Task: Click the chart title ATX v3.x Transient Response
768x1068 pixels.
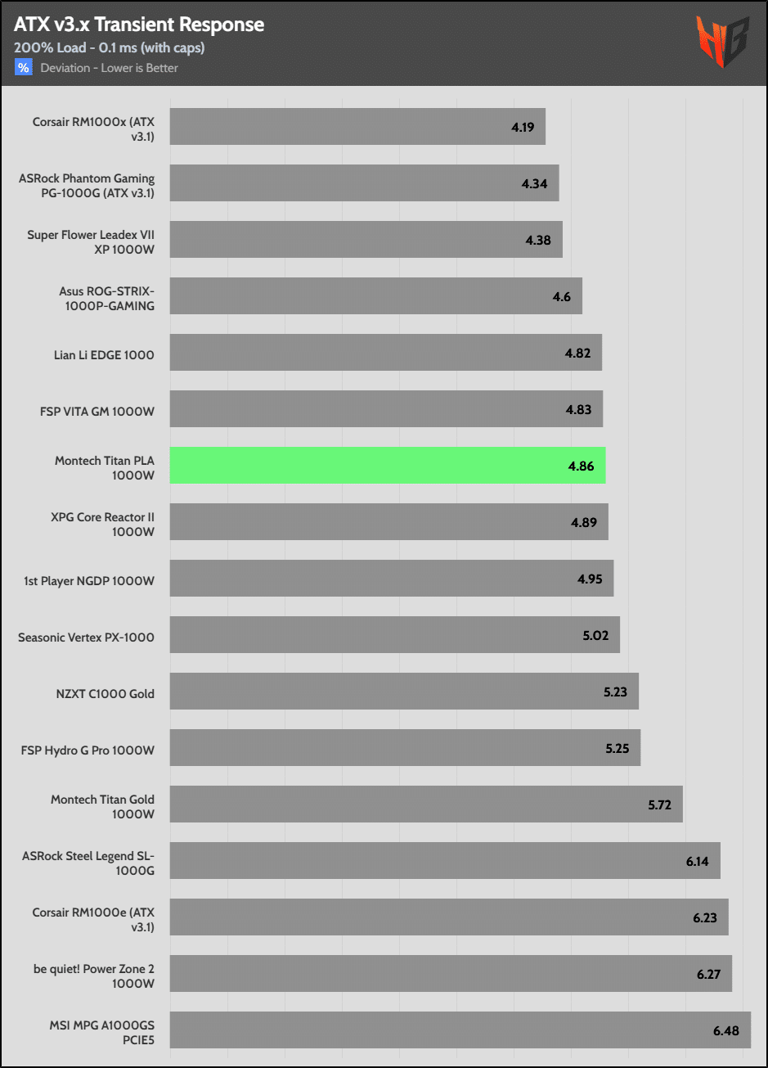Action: [139, 25]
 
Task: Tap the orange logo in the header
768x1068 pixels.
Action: [719, 42]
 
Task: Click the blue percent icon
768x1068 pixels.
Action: [23, 68]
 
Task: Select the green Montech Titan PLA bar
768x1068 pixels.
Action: [387, 466]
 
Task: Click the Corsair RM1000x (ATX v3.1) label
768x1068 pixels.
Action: [93, 127]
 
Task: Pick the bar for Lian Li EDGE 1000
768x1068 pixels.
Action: [385, 353]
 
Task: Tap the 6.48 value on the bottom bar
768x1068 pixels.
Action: [725, 1030]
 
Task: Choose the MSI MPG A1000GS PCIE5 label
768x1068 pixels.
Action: [101, 1030]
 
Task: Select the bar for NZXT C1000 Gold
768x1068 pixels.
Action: [403, 692]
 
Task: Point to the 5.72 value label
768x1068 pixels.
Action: [659, 804]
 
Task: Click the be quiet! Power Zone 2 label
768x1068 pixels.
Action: [94, 974]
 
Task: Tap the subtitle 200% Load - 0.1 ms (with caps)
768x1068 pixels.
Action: [109, 47]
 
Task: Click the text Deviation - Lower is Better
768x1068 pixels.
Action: [110, 68]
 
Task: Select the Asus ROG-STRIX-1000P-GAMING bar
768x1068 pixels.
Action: [375, 296]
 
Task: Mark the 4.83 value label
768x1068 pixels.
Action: [578, 409]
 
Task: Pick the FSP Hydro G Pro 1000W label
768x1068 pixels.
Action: [88, 749]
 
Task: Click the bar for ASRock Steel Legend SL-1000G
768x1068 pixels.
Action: [444, 861]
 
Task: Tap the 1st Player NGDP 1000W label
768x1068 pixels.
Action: [89, 579]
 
